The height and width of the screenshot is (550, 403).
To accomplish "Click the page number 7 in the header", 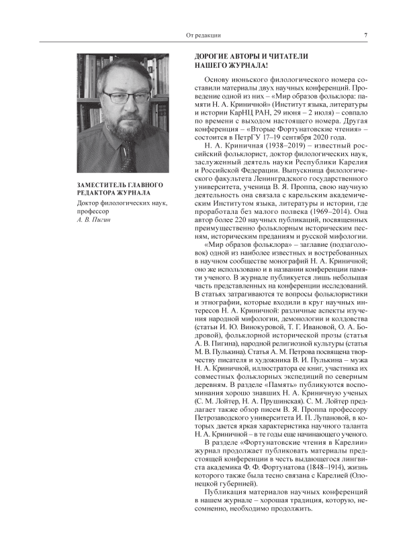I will (365, 35).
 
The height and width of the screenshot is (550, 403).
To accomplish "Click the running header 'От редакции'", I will (203, 35).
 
